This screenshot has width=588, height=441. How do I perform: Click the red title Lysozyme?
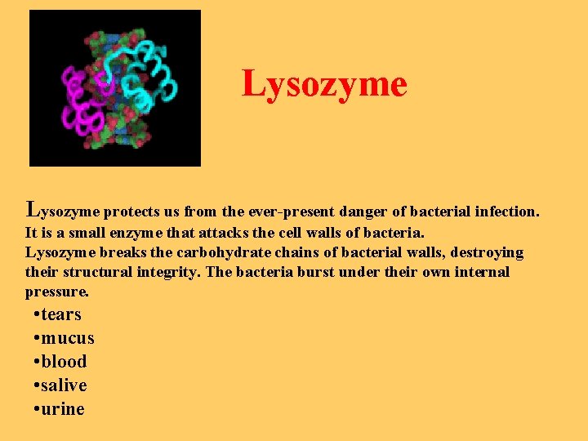[323, 84]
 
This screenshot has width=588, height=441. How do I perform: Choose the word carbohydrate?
[185, 252]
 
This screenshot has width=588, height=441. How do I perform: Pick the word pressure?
[56, 292]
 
